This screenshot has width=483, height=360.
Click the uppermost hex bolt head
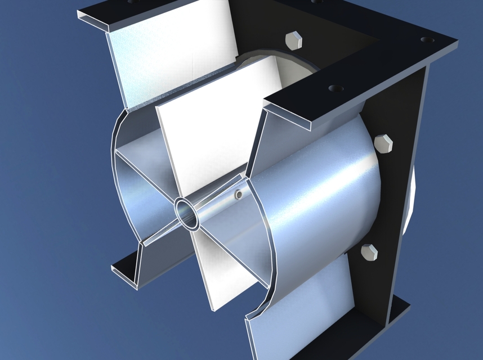tap(294, 41)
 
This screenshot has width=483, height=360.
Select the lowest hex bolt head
tap(369, 253)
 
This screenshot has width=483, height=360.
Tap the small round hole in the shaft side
tap(239, 195)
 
